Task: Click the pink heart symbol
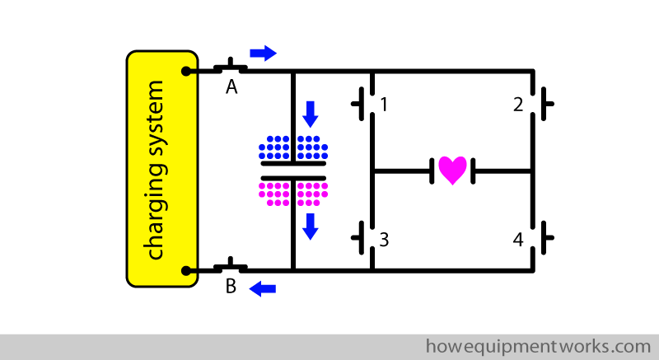[452, 170]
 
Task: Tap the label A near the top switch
[231, 88]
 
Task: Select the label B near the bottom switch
[231, 287]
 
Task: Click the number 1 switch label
[384, 105]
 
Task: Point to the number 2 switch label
[518, 105]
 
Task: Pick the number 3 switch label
[384, 240]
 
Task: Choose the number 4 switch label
[518, 240]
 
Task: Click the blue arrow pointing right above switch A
[263, 54]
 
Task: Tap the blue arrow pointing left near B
[263, 288]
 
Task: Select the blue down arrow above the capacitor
[310, 114]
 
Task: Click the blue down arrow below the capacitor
[310, 225]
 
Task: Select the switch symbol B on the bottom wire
[231, 266]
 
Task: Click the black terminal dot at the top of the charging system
[188, 72]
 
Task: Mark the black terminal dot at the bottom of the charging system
[188, 270]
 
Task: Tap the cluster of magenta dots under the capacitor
[293, 192]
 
